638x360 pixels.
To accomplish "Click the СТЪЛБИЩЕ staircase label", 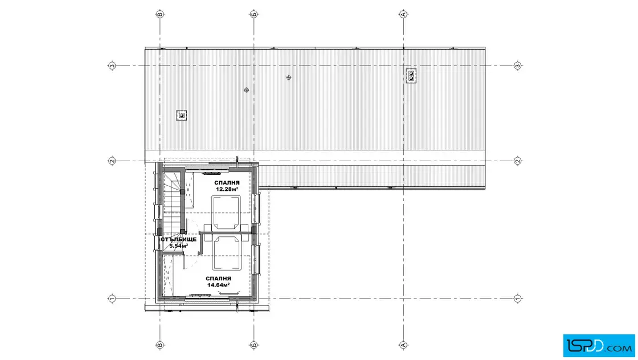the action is tap(179, 240).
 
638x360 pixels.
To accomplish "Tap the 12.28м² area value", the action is tap(227, 189).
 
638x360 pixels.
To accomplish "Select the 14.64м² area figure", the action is tap(218, 285).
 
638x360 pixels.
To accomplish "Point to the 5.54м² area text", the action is tap(179, 246).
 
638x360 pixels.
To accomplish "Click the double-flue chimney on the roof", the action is tap(411, 75).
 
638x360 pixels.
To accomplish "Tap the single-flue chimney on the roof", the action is tap(182, 116).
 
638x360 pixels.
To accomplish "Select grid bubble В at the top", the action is tap(160, 14).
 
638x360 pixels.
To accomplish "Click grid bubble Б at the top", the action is tap(254, 14).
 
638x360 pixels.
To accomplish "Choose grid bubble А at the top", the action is tap(403, 14).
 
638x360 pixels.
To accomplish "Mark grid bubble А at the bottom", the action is tap(403, 345).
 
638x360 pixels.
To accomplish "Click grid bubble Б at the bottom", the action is tap(254, 345).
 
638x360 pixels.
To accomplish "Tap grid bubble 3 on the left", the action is tap(112, 66).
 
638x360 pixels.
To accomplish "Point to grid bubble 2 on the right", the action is tap(518, 161).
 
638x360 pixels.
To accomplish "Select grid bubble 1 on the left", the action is tap(112, 298).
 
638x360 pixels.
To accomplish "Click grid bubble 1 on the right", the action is tap(518, 298).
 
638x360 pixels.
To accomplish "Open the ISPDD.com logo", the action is tap(599, 346).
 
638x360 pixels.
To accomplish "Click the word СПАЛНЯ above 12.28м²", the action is tap(227, 183).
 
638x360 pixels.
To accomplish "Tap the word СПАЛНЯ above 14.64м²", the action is tap(219, 279).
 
